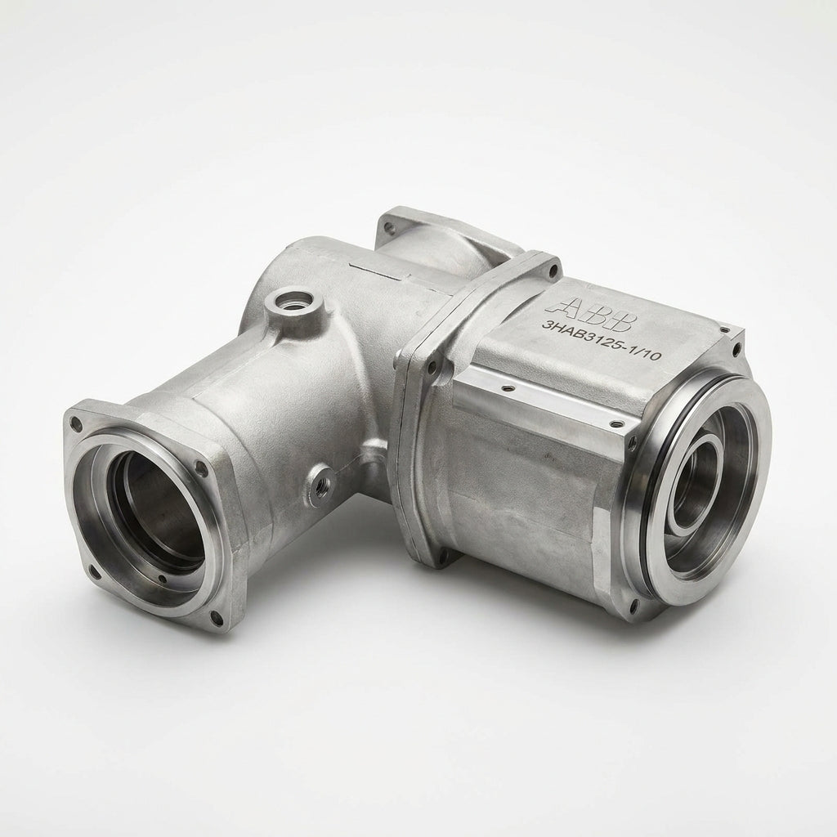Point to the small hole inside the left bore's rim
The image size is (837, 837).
point(162,578)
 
